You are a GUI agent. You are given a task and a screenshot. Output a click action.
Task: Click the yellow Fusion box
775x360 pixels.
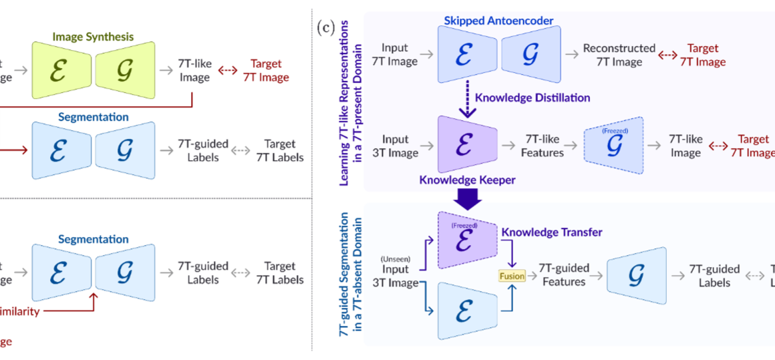[x=512, y=275]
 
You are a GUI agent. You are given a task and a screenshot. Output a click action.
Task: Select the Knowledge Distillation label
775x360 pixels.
[x=532, y=98]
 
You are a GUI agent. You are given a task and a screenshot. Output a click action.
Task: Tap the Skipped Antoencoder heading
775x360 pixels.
[x=498, y=21]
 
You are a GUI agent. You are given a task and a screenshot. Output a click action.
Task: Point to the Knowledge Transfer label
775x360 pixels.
[x=552, y=232]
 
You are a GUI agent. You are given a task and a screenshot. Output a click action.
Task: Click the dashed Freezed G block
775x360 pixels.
[x=613, y=146]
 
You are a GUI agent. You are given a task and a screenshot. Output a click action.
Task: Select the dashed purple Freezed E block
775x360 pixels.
[x=466, y=239]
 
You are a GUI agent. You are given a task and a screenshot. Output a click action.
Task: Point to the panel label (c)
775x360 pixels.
[x=326, y=29]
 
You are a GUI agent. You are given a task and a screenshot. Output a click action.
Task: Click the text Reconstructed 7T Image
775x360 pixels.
[x=619, y=55]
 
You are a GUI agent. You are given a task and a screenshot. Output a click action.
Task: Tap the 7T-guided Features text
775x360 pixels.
[x=564, y=275]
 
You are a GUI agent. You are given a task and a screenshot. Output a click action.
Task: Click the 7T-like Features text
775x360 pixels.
[x=542, y=146]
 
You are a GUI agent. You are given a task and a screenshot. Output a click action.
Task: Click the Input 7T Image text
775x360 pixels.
[x=400, y=55]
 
